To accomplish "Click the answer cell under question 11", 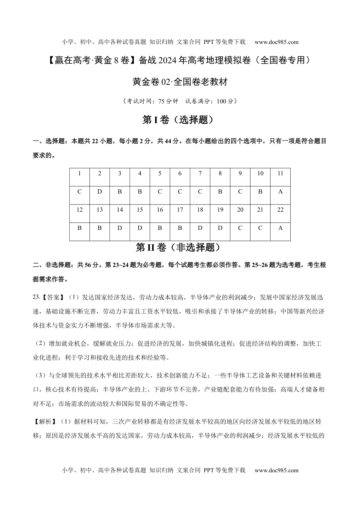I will point(280,192).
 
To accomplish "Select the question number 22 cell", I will point(280,210).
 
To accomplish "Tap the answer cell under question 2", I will point(100,192).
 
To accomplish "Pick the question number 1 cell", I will point(80,173).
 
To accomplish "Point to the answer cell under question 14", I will point(120,228).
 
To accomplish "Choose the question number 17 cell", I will point(180,210).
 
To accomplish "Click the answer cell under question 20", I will point(240,228).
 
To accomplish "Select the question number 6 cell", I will point(180,173).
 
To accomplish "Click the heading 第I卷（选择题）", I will point(180,120).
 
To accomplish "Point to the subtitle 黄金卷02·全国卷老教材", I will point(180,82).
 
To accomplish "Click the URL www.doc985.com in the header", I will point(276,42).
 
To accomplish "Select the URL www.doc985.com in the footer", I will point(276,470).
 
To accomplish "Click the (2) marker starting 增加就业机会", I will point(41,344).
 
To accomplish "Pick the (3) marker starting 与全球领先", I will point(41,376).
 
